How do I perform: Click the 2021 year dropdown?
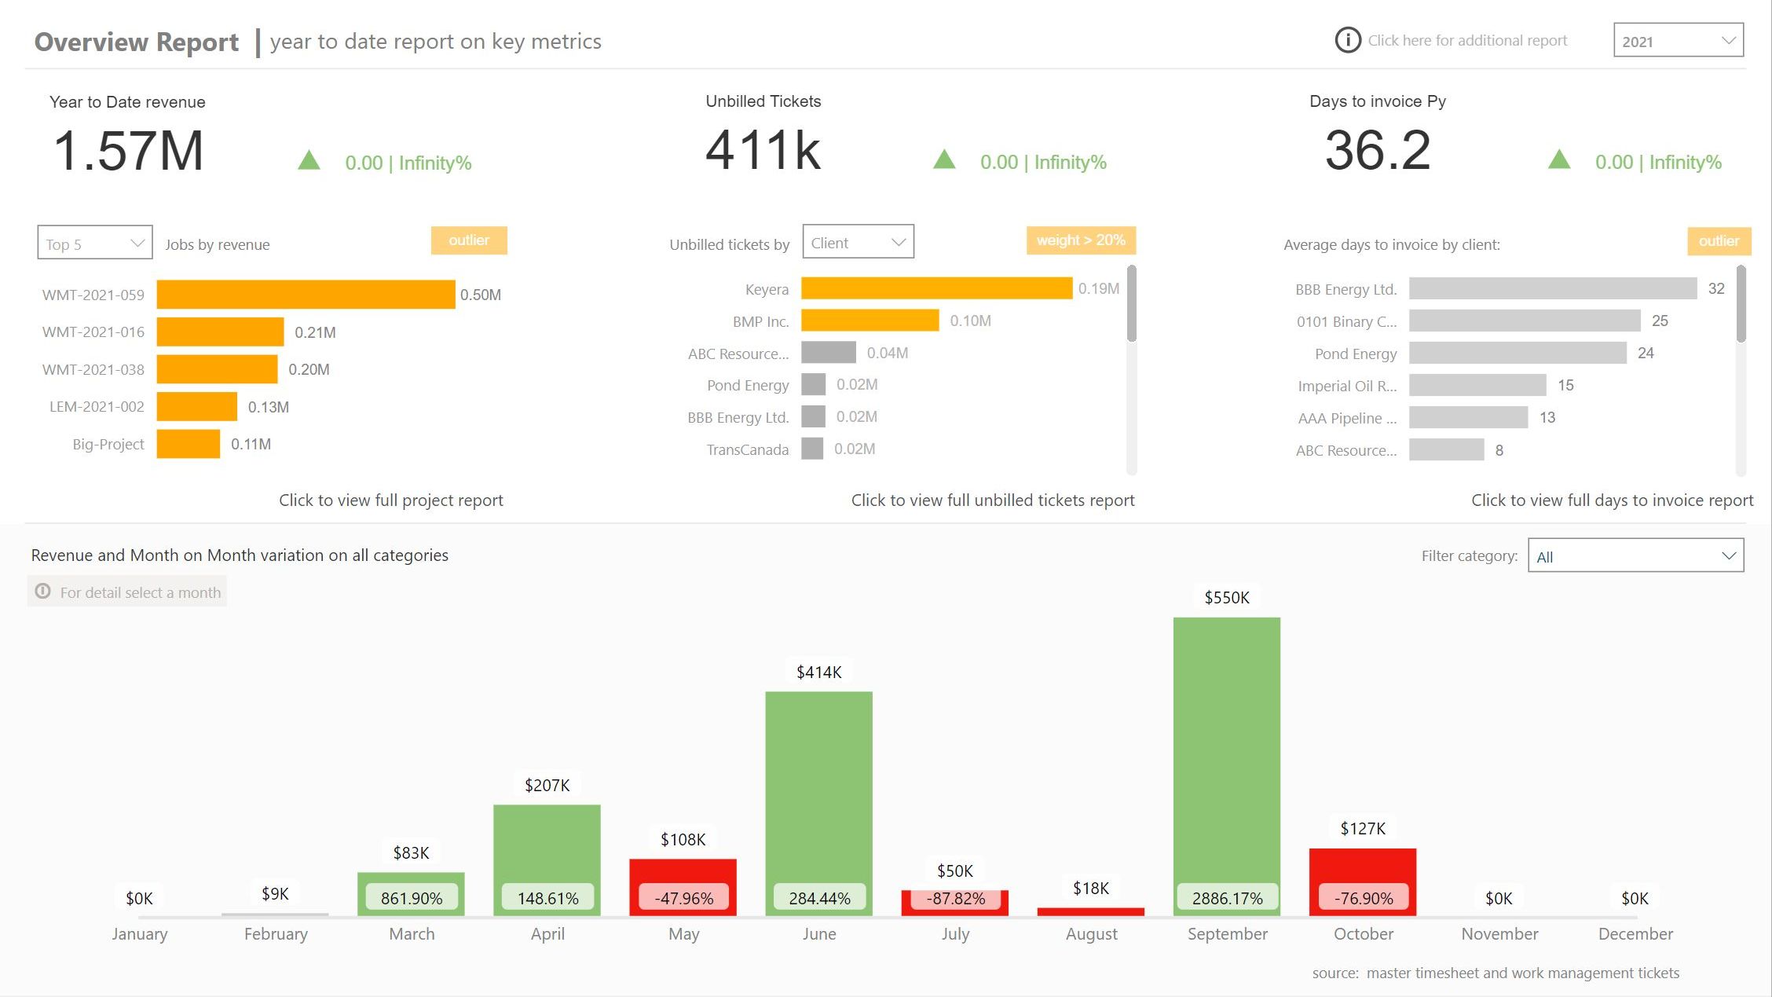[x=1678, y=40]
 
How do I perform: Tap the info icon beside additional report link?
[x=1348, y=40]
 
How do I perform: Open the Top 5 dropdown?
[x=94, y=243]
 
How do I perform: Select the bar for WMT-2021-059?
[x=306, y=295]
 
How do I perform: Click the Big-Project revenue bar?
[x=189, y=444]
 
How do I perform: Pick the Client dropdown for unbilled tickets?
[x=858, y=242]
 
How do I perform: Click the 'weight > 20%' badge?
[x=1081, y=240]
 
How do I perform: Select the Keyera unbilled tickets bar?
[x=936, y=288]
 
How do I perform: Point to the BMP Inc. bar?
[x=870, y=321]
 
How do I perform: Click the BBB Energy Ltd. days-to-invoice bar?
[x=1553, y=288]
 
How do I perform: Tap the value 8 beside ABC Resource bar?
[x=1499, y=450]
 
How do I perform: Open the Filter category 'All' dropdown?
[x=1635, y=555]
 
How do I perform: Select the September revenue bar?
[x=1227, y=767]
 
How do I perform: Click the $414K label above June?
[x=819, y=672]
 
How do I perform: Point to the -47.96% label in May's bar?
[x=683, y=897]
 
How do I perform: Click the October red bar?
[x=1363, y=882]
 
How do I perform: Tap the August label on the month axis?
[x=1091, y=933]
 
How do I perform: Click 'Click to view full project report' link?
[x=391, y=500]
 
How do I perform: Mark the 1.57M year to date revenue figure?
[x=128, y=150]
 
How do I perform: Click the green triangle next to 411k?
[x=944, y=159]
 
